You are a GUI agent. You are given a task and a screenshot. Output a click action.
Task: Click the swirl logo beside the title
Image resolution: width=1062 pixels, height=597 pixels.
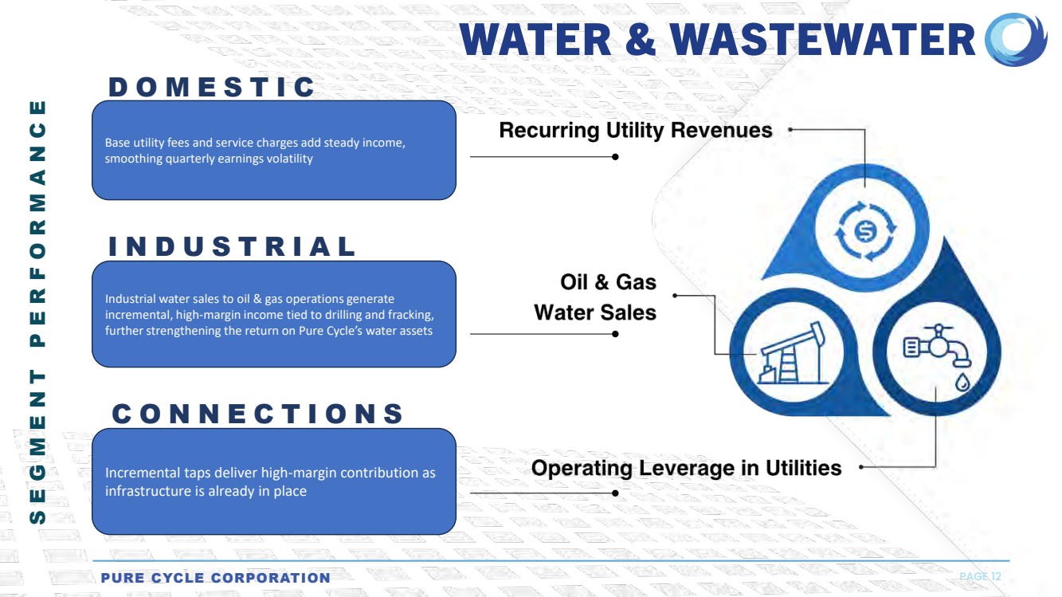(x=1016, y=39)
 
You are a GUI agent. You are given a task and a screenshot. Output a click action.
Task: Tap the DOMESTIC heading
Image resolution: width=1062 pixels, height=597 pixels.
(x=211, y=87)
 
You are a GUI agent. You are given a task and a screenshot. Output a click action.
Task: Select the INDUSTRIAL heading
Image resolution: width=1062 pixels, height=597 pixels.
(x=232, y=246)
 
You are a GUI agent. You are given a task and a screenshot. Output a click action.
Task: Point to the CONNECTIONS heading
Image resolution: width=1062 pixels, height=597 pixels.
(x=257, y=414)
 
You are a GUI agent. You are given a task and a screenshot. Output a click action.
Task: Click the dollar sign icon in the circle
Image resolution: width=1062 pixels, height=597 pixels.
(x=865, y=231)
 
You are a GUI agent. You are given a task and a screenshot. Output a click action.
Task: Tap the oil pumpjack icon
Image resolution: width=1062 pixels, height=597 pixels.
(x=793, y=353)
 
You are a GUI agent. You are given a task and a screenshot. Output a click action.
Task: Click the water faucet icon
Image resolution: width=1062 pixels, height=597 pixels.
(x=937, y=346)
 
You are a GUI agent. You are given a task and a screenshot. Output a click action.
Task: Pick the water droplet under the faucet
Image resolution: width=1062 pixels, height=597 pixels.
(x=962, y=382)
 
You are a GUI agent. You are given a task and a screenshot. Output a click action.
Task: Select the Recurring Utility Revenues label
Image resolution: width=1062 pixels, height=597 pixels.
(x=636, y=131)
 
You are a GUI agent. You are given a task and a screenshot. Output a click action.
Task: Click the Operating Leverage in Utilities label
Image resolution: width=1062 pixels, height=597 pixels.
(x=686, y=468)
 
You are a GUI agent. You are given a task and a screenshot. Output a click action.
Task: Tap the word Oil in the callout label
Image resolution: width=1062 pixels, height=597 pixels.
(x=574, y=282)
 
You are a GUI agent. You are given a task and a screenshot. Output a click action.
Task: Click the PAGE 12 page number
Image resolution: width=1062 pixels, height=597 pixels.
(x=980, y=576)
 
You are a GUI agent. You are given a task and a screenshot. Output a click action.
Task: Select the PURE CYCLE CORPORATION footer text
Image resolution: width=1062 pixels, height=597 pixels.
(x=216, y=578)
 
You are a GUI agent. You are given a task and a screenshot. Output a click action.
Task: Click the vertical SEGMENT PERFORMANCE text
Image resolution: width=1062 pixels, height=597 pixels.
(x=37, y=312)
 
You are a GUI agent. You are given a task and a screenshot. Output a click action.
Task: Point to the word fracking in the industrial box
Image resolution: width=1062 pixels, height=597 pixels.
(x=413, y=315)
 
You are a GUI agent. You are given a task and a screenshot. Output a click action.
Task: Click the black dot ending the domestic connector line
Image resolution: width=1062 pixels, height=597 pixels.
(x=615, y=157)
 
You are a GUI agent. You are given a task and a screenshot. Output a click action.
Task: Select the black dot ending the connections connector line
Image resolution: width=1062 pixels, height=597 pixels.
(x=615, y=493)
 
